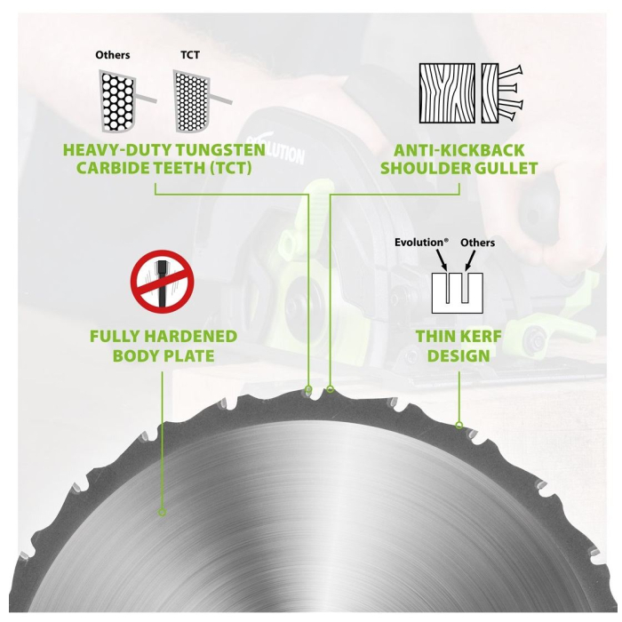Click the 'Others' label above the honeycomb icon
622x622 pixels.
click(113, 55)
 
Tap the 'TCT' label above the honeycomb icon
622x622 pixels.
click(190, 55)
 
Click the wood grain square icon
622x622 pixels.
click(446, 92)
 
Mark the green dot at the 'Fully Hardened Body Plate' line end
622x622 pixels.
click(162, 512)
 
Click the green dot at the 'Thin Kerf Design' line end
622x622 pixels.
click(459, 426)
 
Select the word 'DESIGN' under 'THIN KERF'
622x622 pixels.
click(458, 355)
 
